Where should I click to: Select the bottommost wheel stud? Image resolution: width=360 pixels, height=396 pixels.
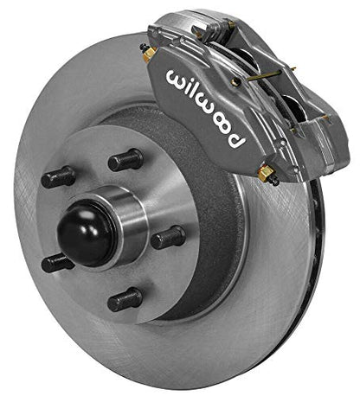tap(125, 299)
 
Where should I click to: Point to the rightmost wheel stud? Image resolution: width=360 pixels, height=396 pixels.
tap(168, 238)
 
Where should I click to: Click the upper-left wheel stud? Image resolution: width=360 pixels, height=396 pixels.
tap(60, 177)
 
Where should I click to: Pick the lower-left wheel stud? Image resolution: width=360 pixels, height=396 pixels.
tap(58, 262)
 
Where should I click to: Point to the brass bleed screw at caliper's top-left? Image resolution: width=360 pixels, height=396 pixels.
tap(150, 54)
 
